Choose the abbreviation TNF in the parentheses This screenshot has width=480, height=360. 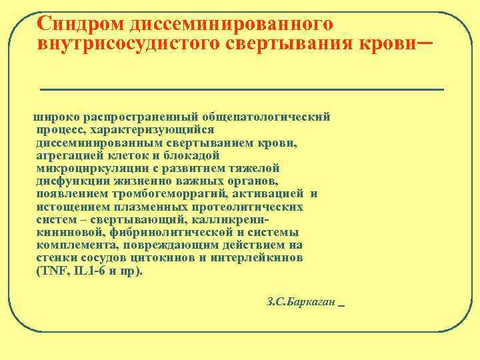pyautogui.click(x=53, y=271)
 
